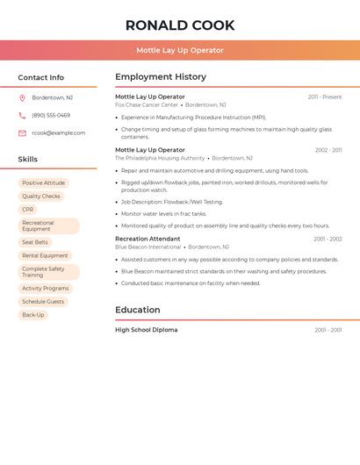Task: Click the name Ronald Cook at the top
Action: coord(180,25)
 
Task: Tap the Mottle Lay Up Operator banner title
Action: coord(180,50)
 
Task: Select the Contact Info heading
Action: coord(41,77)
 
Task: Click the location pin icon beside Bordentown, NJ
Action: coord(22,97)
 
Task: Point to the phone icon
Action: coord(22,115)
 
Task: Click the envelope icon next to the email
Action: coord(22,133)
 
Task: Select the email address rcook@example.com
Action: coord(59,133)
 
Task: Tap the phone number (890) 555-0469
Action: coord(51,115)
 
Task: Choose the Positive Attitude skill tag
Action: coord(43,183)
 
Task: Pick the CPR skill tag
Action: coord(28,210)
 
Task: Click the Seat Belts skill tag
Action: coord(35,242)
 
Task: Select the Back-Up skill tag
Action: coord(33,315)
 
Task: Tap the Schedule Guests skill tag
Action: coord(43,302)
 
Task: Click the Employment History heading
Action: coord(161,77)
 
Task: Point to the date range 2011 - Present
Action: coord(325,97)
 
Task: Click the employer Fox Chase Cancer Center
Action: coord(147,104)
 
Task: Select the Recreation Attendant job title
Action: coord(148,239)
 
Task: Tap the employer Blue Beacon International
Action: coord(148,247)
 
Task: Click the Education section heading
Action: coord(138,310)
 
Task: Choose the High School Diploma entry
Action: coord(147,330)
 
